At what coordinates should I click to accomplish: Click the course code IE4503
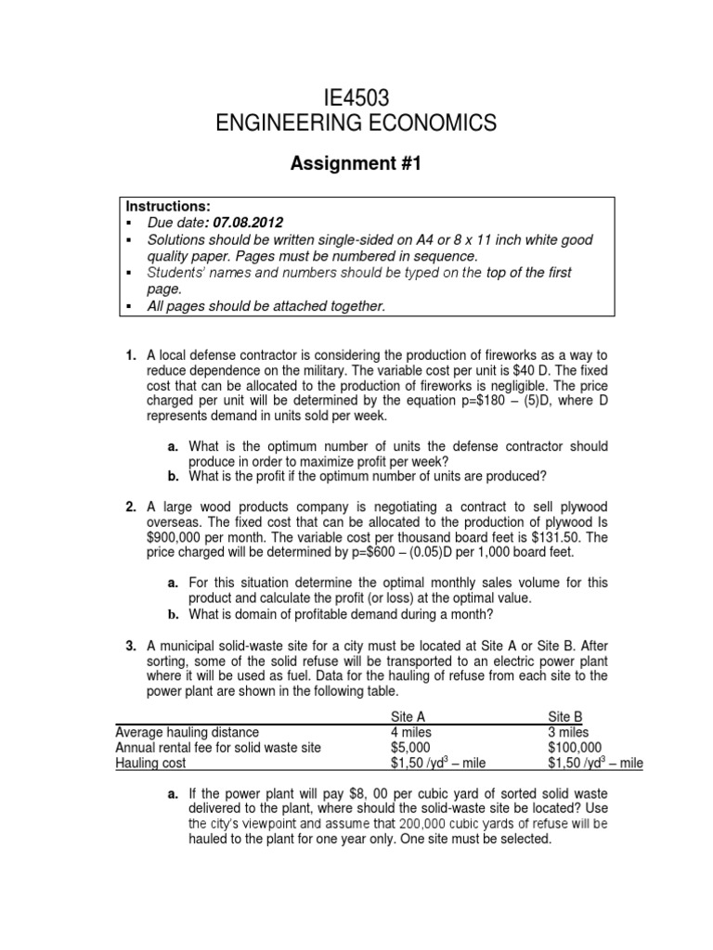(356, 96)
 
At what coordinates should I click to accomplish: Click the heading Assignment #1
(356, 164)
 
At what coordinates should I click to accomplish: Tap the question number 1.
(131, 354)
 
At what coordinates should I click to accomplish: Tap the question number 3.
(131, 645)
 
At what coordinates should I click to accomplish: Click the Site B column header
(566, 717)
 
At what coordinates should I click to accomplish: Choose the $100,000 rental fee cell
(575, 747)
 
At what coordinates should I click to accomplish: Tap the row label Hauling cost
(150, 763)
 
